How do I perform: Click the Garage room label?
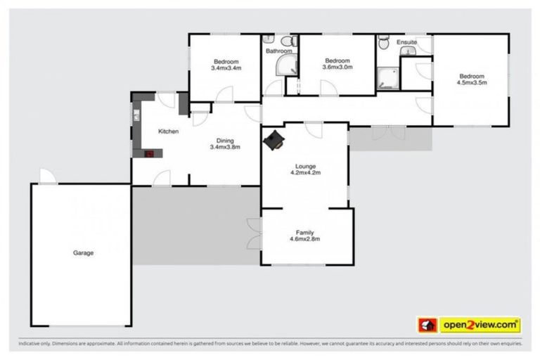coord(83,252)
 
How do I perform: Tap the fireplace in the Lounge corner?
coord(274,141)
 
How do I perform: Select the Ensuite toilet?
coord(382,44)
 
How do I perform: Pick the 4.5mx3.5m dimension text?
coord(472,83)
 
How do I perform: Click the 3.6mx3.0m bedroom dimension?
coord(337,67)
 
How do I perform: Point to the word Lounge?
coord(305,165)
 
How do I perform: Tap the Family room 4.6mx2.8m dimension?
coord(305,239)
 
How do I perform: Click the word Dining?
coord(225,140)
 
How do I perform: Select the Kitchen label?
coord(168,131)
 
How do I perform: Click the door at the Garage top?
coord(45,176)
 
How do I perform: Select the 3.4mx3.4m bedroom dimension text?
coord(226,68)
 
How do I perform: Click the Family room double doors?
coord(254,233)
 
